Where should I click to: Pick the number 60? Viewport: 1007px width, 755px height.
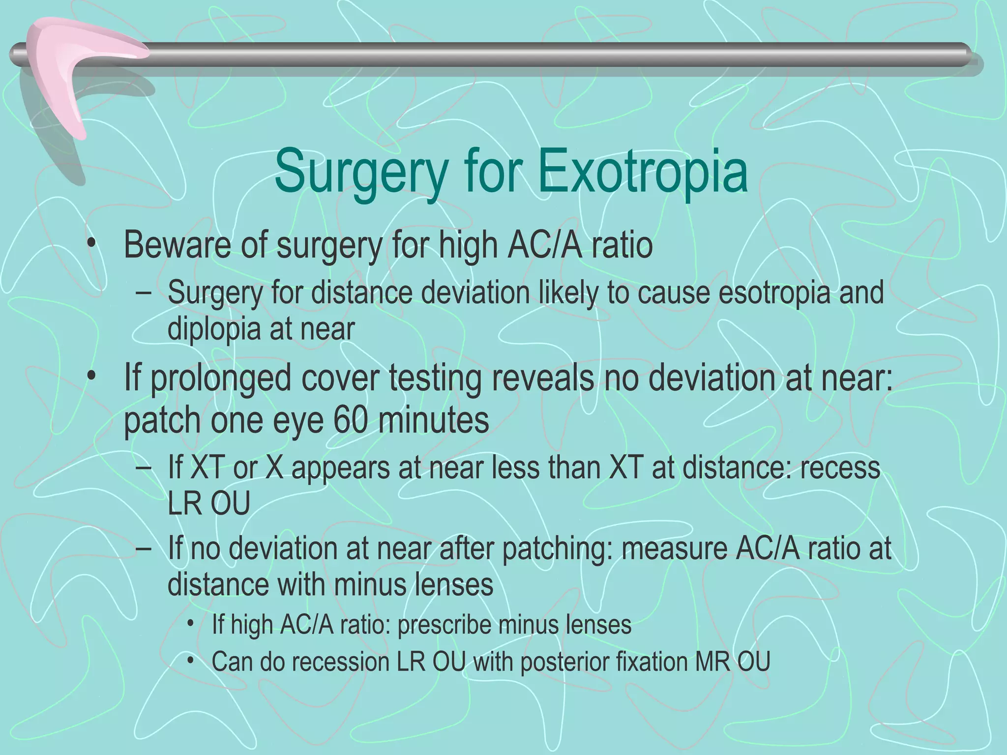click(350, 421)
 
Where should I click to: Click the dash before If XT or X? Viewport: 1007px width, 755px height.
click(143, 468)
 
